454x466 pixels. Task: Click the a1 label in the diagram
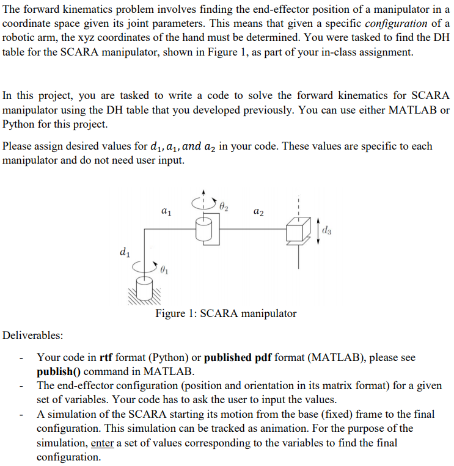166,212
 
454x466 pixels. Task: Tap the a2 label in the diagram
258,212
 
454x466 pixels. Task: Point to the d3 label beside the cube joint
328,230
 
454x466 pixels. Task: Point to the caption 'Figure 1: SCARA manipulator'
225,313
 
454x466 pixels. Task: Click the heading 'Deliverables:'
32,335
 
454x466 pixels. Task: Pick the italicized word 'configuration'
396,23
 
